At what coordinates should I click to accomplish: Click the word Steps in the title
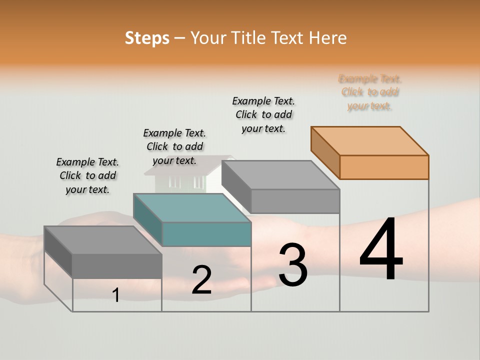[x=147, y=38]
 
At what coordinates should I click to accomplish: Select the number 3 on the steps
[x=292, y=265]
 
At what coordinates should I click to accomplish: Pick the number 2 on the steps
[x=201, y=280]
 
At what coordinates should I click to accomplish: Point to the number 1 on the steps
[x=116, y=295]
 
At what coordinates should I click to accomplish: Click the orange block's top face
[x=370, y=140]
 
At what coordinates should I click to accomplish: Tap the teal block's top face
[x=192, y=207]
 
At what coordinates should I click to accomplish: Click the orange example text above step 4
[x=370, y=92]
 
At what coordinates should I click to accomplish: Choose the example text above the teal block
[x=174, y=146]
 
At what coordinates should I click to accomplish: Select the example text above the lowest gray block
[x=87, y=175]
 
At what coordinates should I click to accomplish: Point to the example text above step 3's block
[x=263, y=114]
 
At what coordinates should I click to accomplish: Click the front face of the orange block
[x=384, y=167]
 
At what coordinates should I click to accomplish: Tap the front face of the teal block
[x=206, y=234]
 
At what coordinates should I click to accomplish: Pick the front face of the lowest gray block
[x=117, y=265]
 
